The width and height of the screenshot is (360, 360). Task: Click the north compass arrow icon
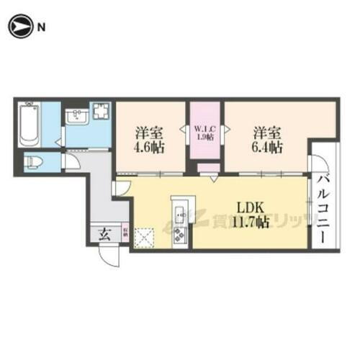19,27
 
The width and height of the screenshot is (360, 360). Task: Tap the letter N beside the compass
41,27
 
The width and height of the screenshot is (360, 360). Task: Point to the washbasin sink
76,117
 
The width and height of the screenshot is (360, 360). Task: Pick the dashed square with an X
146,236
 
